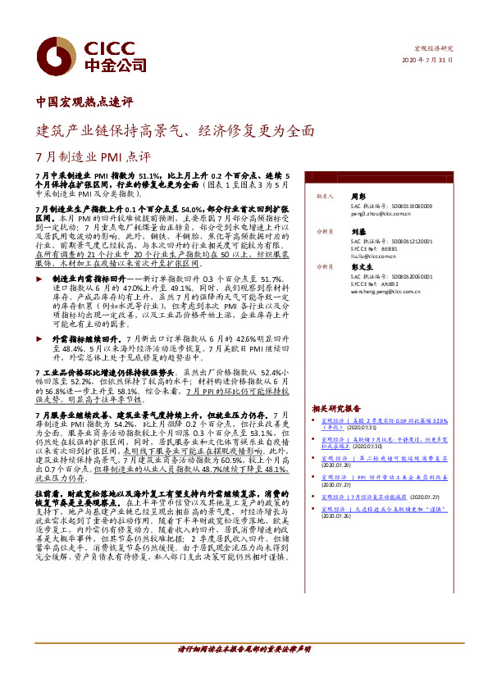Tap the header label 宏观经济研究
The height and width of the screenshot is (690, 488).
[x=435, y=48]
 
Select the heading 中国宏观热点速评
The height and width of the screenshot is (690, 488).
[x=85, y=103]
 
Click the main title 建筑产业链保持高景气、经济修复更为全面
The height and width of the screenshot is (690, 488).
[x=175, y=130]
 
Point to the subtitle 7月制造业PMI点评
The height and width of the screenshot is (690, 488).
[x=93, y=157]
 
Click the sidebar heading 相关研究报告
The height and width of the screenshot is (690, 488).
[x=336, y=408]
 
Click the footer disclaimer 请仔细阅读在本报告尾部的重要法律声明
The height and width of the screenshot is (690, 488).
[x=244, y=650]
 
